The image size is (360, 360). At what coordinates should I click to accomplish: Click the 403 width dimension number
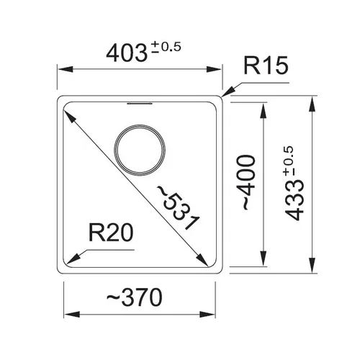pyautogui.click(x=127, y=53)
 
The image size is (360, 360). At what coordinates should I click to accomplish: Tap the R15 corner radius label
pyautogui.click(x=266, y=66)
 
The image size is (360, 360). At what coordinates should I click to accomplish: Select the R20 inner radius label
pyautogui.click(x=111, y=233)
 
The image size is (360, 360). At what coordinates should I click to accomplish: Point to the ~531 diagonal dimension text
pyautogui.click(x=178, y=208)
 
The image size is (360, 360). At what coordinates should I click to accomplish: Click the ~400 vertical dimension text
pyautogui.click(x=246, y=183)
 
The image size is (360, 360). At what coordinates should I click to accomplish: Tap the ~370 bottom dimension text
pyautogui.click(x=135, y=297)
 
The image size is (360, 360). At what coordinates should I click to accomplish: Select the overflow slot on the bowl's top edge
pyautogui.click(x=140, y=103)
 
